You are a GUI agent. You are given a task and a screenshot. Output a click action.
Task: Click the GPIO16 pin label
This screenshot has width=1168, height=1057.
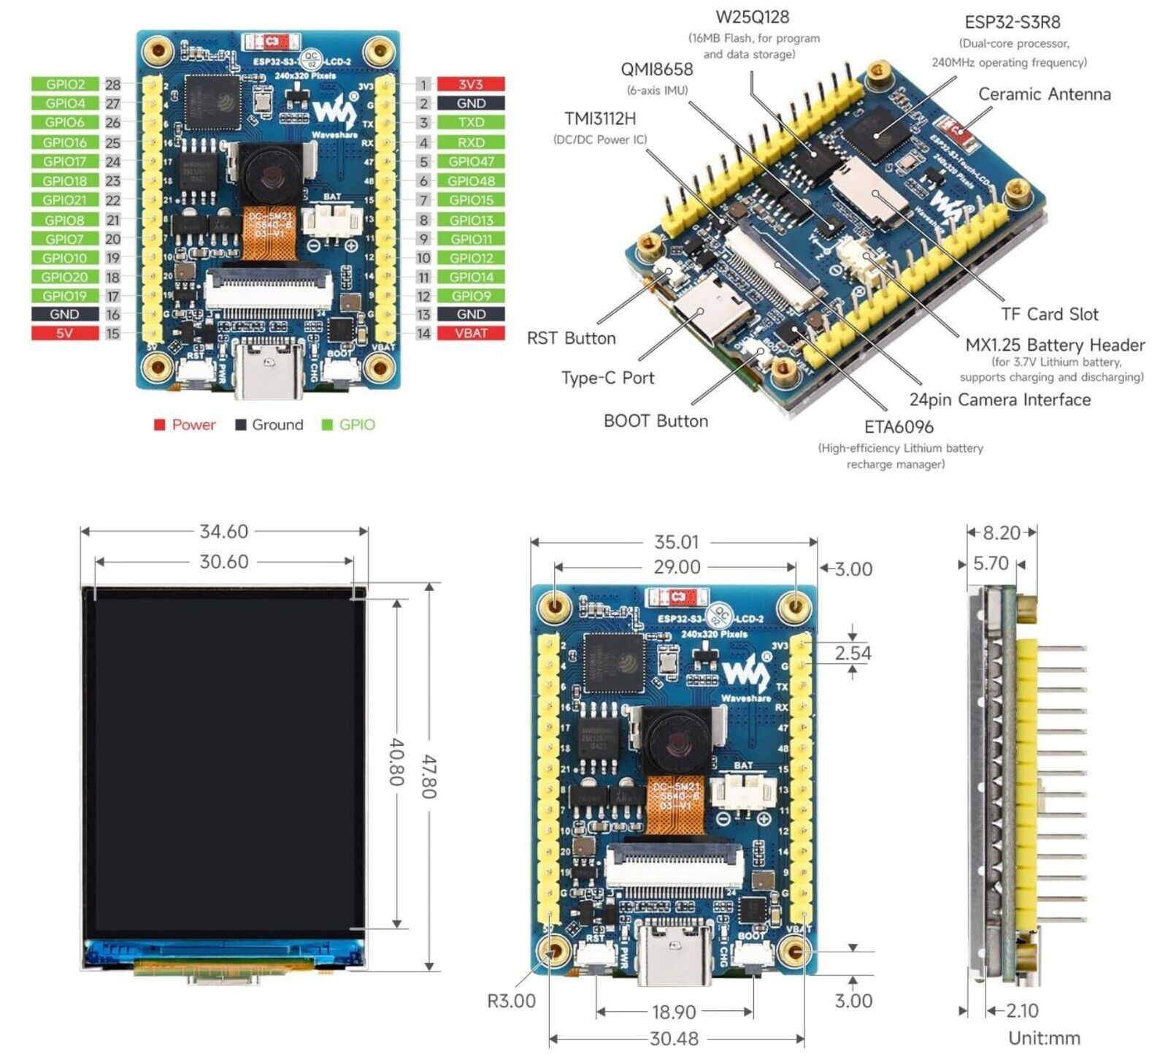coord(65,142)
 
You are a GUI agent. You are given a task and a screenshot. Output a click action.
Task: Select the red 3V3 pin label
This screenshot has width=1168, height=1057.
coord(471,85)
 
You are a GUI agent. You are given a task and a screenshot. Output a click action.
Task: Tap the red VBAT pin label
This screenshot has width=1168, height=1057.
coord(471,333)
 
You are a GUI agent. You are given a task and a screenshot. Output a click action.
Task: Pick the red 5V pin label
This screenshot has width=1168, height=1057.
coord(65,333)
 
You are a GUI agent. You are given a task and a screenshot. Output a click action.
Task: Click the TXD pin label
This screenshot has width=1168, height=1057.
coord(471,123)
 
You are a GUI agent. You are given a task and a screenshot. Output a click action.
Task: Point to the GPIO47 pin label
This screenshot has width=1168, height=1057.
coord(471,161)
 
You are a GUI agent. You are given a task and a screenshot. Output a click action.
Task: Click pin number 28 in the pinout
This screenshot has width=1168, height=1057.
coord(112,85)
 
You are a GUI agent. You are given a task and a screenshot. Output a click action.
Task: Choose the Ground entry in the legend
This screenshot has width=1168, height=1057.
coord(277,424)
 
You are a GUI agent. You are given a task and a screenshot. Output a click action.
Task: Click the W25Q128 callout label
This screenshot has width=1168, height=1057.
coord(752,18)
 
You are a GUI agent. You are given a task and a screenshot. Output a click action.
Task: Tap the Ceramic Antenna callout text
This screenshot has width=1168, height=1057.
coord(1044,94)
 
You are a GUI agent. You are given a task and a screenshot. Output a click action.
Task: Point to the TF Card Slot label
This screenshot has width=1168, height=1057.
coord(1049,314)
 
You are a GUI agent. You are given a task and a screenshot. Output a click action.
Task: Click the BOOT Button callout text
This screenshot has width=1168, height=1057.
coord(656,421)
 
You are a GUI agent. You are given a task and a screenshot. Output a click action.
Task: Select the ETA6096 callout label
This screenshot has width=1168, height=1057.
coord(899,427)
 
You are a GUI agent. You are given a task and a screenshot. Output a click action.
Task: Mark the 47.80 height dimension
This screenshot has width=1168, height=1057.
coord(429,776)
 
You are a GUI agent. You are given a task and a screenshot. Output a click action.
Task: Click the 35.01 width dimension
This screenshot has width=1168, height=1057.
coord(676,542)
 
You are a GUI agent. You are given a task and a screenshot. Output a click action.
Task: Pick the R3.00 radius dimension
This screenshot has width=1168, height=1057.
coord(511,1001)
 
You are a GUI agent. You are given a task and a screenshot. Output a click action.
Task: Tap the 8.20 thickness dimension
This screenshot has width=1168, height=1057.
coord(1001,533)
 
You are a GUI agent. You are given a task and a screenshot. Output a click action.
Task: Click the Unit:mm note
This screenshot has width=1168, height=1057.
coord(1044,1038)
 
